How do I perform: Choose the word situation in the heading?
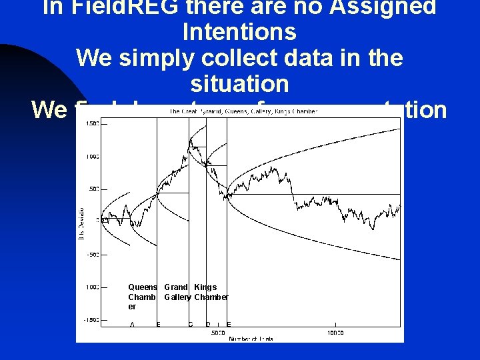tap(239, 84)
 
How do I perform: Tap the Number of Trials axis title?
tap(251, 339)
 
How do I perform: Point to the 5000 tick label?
tap(217, 331)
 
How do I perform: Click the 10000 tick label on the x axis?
tap(335, 331)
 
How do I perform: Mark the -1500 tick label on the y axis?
tap(90, 320)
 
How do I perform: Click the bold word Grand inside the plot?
tap(176, 287)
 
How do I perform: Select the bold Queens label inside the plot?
tap(143, 287)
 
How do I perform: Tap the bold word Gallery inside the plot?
tap(177, 297)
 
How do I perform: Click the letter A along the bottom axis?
tap(133, 325)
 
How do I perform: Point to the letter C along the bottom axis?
tap(190, 325)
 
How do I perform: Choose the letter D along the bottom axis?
tap(207, 325)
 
